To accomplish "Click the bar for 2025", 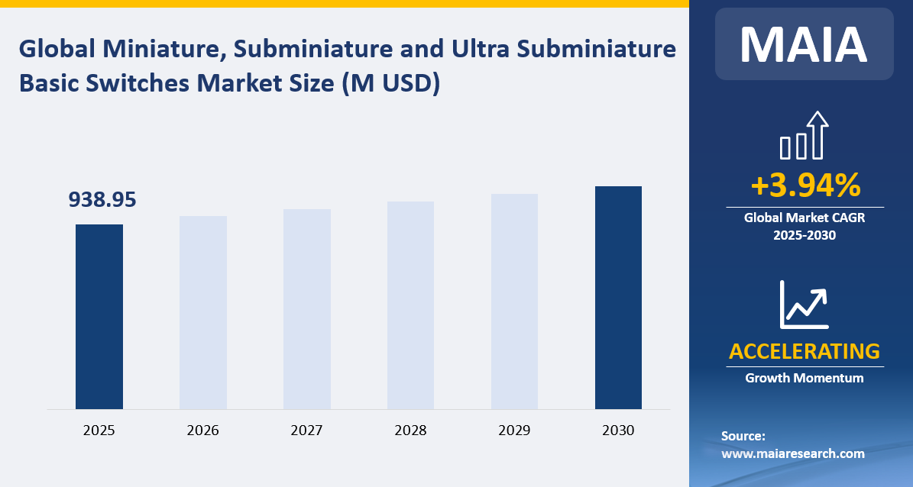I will click(99, 317).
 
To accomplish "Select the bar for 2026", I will click(203, 312).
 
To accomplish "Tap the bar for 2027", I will click(307, 309).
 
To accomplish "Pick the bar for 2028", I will click(411, 305).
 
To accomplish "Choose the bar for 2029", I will click(514, 302).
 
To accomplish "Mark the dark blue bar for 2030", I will click(618, 298).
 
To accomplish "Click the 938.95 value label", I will click(102, 200).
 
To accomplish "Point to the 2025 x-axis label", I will click(99, 431).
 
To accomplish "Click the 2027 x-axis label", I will click(307, 431).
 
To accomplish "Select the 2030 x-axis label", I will click(618, 431).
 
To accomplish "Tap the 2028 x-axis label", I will click(411, 431).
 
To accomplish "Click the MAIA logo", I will click(804, 44).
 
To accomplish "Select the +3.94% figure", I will click(805, 185).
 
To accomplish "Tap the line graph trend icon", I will click(805, 305).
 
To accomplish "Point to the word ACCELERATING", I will click(805, 351).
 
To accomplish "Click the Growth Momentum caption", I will click(805, 378).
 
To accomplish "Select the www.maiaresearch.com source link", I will click(792, 453).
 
